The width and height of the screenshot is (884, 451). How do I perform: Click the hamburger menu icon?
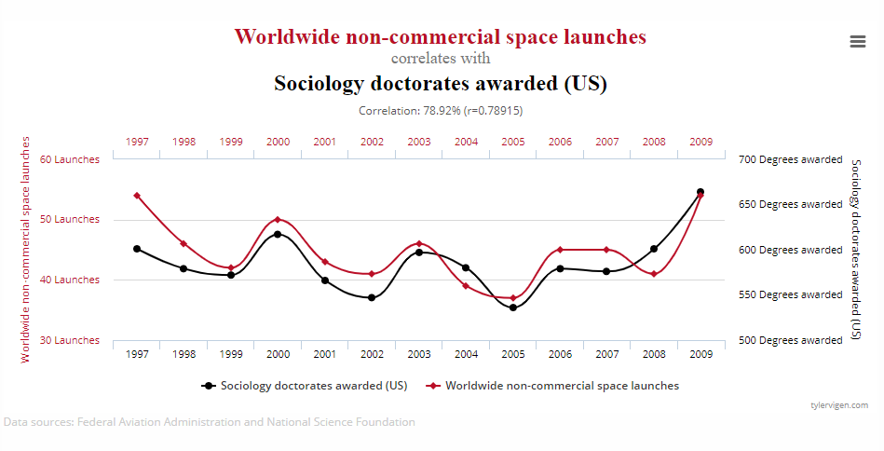click(x=858, y=41)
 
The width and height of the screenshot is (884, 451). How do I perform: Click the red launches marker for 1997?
click(x=137, y=196)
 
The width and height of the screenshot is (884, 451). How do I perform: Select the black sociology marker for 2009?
click(x=700, y=192)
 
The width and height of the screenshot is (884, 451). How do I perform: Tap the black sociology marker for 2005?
click(x=512, y=307)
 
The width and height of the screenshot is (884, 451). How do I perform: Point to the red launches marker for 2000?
click(x=278, y=220)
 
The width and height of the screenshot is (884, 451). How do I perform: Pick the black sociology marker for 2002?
click(x=372, y=297)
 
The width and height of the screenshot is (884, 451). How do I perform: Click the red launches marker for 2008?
click(x=654, y=274)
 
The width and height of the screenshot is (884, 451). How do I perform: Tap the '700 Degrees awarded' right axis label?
click(x=791, y=159)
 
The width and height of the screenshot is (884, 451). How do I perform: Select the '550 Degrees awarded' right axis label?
click(x=791, y=294)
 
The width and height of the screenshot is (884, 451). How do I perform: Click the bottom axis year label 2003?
click(x=419, y=354)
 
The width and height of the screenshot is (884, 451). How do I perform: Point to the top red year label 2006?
click(x=560, y=142)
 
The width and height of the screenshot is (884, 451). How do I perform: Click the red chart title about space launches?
click(x=440, y=37)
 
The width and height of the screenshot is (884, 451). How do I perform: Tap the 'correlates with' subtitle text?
click(x=440, y=59)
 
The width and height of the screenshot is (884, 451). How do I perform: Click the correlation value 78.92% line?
click(x=440, y=110)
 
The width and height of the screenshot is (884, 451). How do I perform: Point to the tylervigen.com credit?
click(x=839, y=405)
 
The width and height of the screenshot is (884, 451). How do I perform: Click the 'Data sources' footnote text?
click(x=210, y=422)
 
